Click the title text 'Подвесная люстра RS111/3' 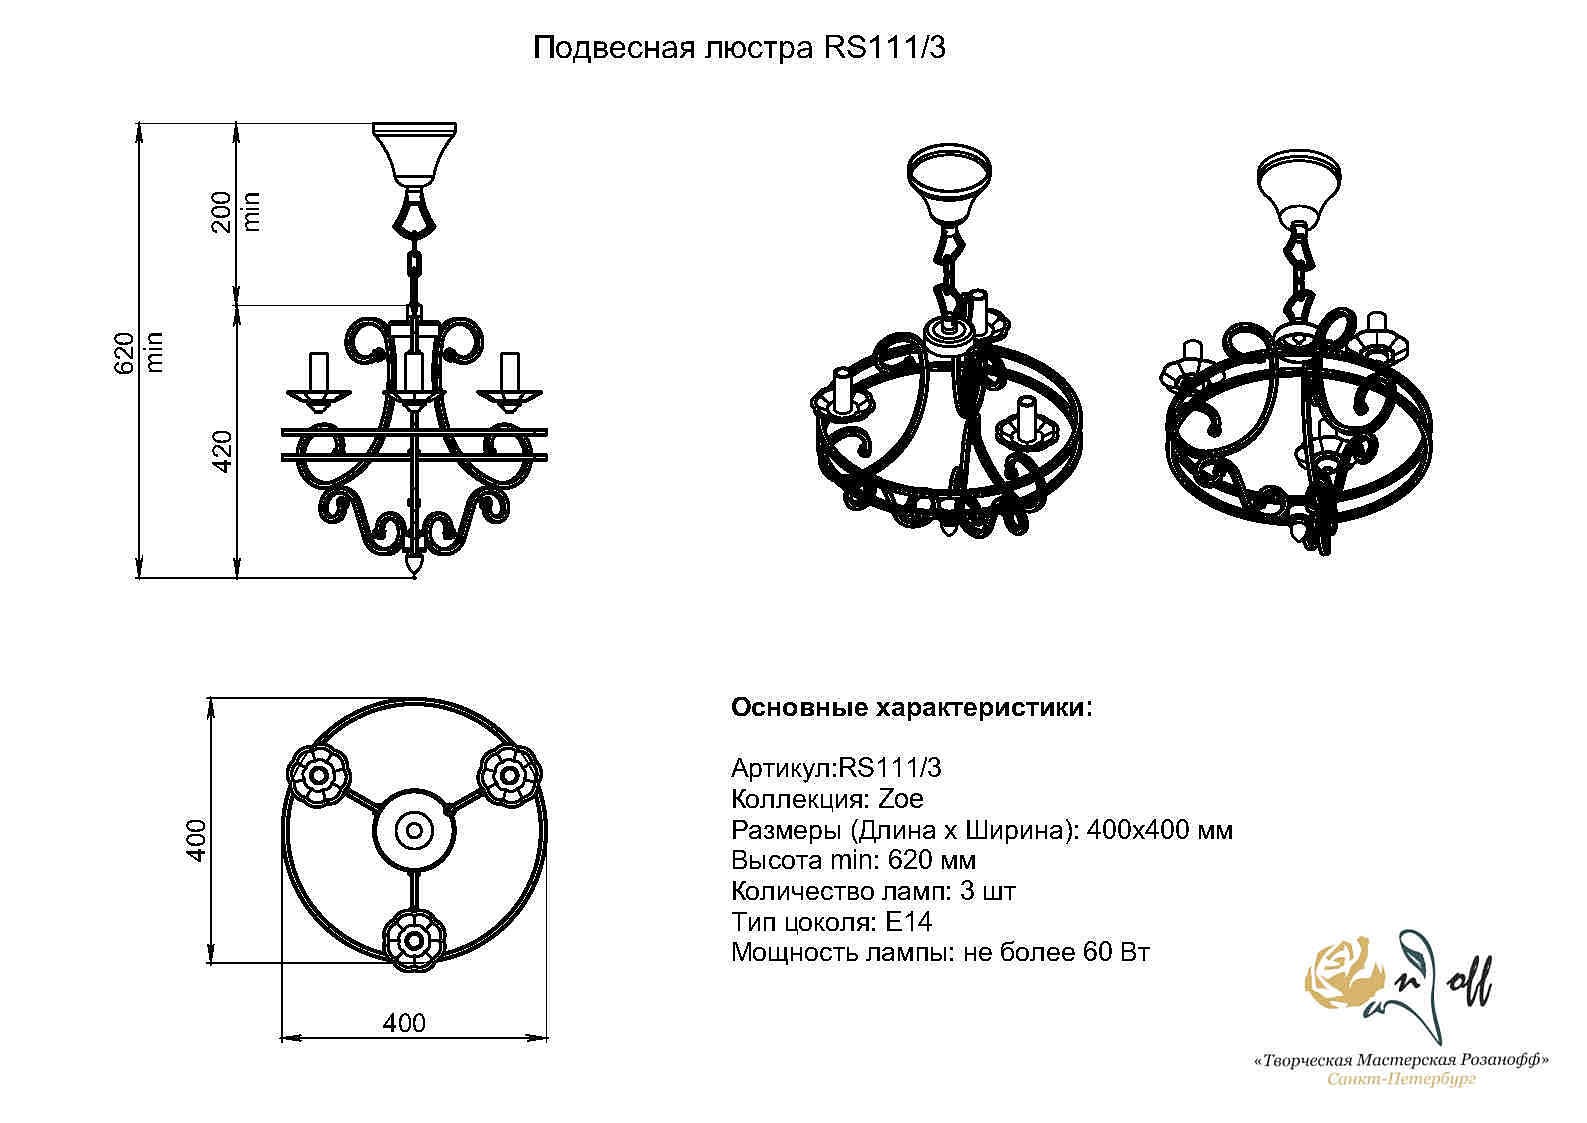739,48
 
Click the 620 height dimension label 124,352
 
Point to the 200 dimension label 222,211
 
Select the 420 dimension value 222,451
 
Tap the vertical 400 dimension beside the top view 196,840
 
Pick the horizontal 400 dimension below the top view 404,1022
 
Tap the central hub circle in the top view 414,830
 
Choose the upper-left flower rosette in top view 319,775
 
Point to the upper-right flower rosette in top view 509,774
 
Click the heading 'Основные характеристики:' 912,708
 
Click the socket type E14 909,922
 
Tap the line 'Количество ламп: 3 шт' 874,891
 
